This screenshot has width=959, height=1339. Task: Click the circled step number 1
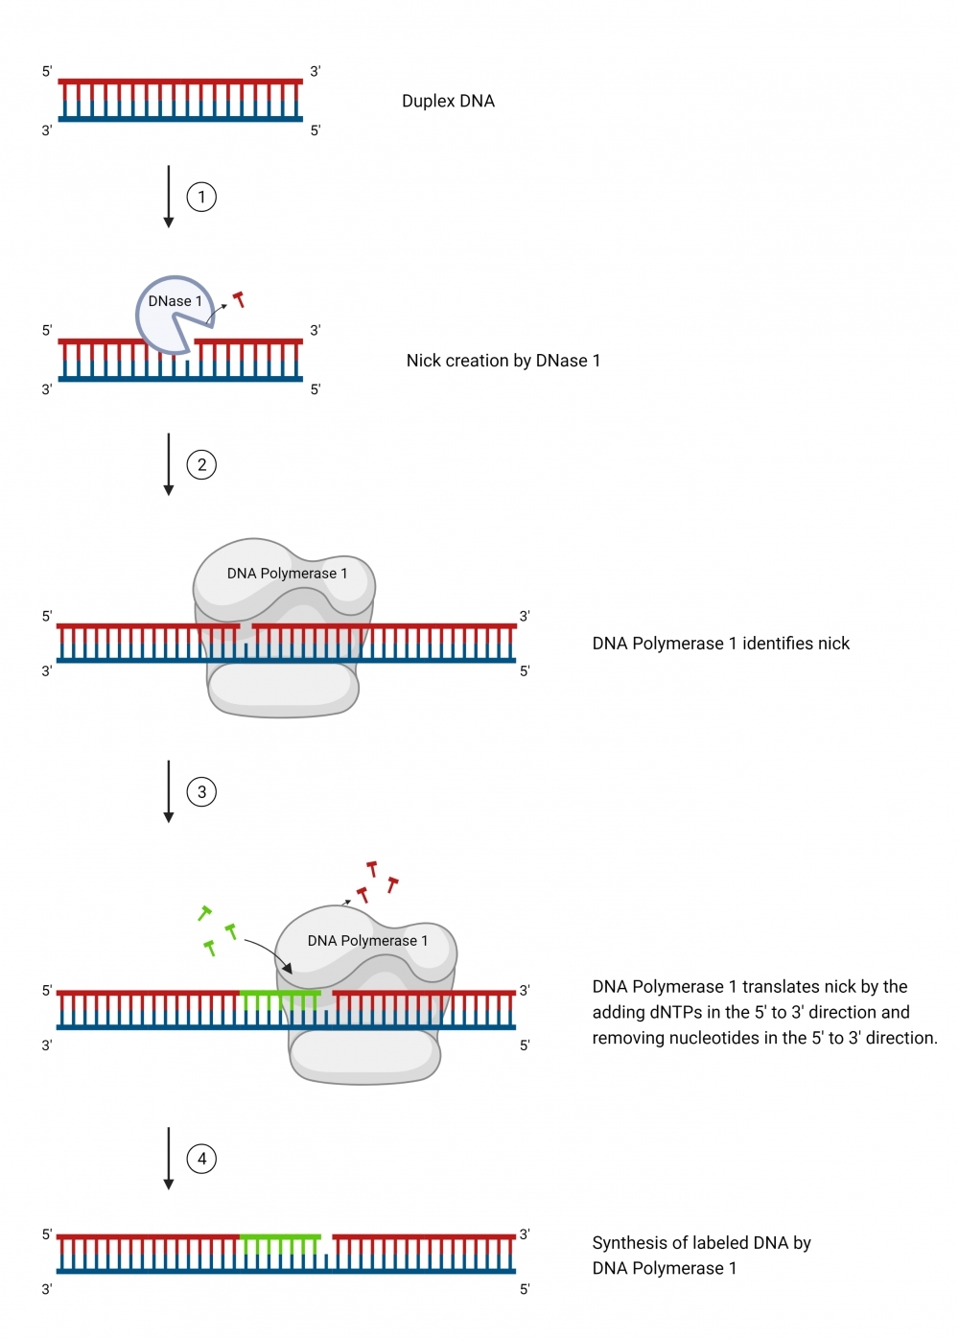tap(201, 198)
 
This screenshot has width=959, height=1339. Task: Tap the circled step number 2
tap(201, 465)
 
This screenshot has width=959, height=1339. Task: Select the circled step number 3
tap(201, 792)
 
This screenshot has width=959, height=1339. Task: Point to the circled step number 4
tap(201, 1159)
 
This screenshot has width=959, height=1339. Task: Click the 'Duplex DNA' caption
tap(448, 102)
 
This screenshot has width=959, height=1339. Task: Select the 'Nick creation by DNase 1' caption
tap(503, 361)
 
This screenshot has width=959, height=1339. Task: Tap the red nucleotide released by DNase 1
tap(239, 299)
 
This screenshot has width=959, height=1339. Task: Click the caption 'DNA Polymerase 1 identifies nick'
tap(720, 644)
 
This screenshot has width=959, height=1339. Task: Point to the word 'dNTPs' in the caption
tap(675, 1013)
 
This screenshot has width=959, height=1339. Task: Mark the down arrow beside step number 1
tap(169, 197)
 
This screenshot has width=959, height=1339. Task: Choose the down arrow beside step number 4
tap(169, 1159)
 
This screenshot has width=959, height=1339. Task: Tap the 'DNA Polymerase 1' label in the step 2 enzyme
tap(287, 574)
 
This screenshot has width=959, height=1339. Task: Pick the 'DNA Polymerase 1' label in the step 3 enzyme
tap(367, 941)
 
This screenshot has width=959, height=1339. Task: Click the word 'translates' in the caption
tap(780, 987)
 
